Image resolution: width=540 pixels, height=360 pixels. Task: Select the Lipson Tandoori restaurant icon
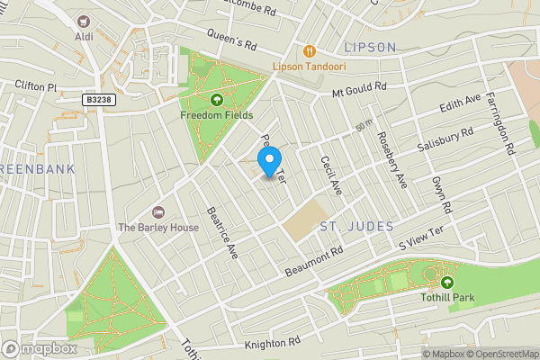(310, 51)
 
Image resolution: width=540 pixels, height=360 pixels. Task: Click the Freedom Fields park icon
(216, 100)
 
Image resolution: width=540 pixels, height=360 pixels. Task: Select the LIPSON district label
(370, 46)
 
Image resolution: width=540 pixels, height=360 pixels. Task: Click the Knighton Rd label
(272, 343)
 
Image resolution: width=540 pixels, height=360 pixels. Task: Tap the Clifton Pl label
(36, 86)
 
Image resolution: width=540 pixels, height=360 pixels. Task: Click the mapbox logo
(39, 348)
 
